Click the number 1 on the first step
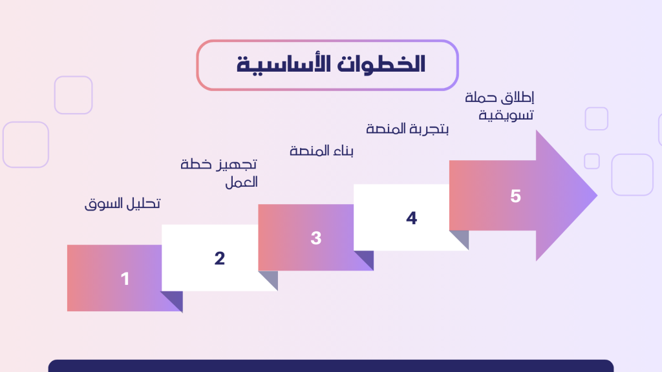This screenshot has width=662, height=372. pyautogui.click(x=125, y=279)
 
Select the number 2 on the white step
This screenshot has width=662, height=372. pyautogui.click(x=220, y=258)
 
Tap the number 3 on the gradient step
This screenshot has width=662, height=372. pyautogui.click(x=315, y=238)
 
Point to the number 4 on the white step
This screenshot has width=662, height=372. pyautogui.click(x=412, y=218)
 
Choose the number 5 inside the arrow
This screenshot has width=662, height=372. pyautogui.click(x=515, y=196)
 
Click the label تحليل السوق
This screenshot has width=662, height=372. pyautogui.click(x=122, y=203)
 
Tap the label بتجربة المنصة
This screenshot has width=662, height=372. pyautogui.click(x=407, y=129)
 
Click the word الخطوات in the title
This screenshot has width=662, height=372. pyautogui.click(x=381, y=65)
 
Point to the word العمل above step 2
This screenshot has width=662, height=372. pyautogui.click(x=241, y=182)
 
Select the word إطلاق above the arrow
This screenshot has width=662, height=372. pyautogui.click(x=517, y=98)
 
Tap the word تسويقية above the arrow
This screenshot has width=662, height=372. pyautogui.click(x=506, y=115)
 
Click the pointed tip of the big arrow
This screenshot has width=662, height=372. pyautogui.click(x=597, y=195)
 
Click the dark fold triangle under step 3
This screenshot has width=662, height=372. pyautogui.click(x=367, y=258)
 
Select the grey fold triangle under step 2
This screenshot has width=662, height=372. pyautogui.click(x=271, y=278)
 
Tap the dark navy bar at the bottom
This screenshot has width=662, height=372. pyautogui.click(x=331, y=366)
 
